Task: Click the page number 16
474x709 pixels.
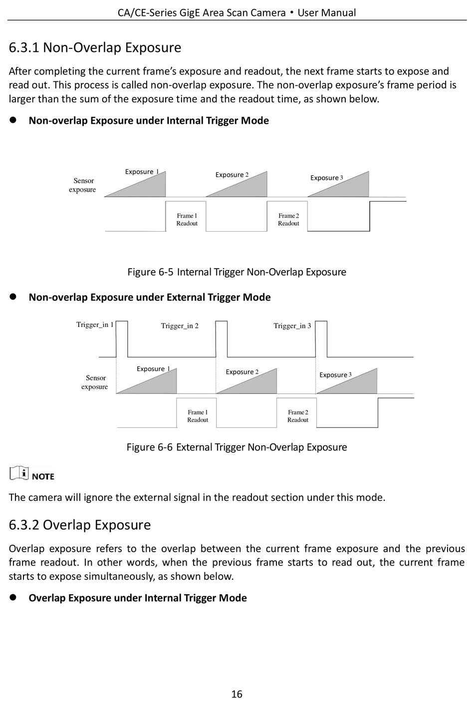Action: point(237,694)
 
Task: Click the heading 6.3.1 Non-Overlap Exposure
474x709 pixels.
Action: point(95,48)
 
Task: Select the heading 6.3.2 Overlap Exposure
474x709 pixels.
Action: point(80,525)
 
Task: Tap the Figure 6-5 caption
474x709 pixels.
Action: point(237,272)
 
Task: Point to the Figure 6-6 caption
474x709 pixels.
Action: point(237,447)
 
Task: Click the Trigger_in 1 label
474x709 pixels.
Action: point(95,325)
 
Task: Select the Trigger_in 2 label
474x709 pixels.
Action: point(180,326)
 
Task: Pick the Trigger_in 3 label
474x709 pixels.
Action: point(292,326)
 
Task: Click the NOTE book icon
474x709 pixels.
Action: point(19,472)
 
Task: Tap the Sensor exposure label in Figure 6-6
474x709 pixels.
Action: point(95,382)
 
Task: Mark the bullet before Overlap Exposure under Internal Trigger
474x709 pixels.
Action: point(13,598)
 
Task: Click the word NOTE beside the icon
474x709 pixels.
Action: point(43,476)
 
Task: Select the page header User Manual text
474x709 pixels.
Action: point(326,12)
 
